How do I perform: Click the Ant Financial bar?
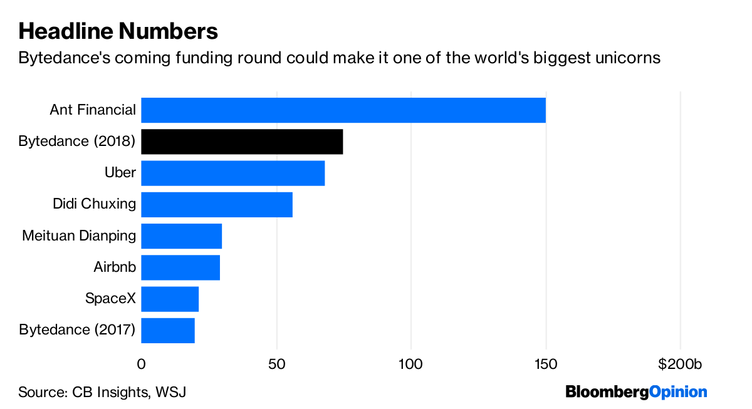pos(343,110)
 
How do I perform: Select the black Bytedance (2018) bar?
pos(242,142)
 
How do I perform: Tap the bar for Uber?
pos(233,173)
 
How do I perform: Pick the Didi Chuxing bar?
pos(217,205)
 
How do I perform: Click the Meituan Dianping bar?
pos(182,236)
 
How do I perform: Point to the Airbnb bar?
pos(180,267)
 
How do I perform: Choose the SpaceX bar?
pos(170,299)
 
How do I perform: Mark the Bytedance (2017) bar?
pos(168,331)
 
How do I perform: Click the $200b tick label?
pos(680,364)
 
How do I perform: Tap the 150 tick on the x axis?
pos(546,365)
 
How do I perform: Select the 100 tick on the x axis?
pos(410,365)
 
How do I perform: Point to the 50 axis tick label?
pos(276,365)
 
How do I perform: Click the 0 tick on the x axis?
pos(142,365)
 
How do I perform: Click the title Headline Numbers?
pos(118,31)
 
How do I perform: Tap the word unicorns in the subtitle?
pos(628,58)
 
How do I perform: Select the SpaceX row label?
pos(110,298)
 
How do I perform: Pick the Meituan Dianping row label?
pos(79,236)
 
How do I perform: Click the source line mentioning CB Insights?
pos(102,392)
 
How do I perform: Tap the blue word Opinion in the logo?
pos(678,392)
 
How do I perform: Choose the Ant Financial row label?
pos(93,110)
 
